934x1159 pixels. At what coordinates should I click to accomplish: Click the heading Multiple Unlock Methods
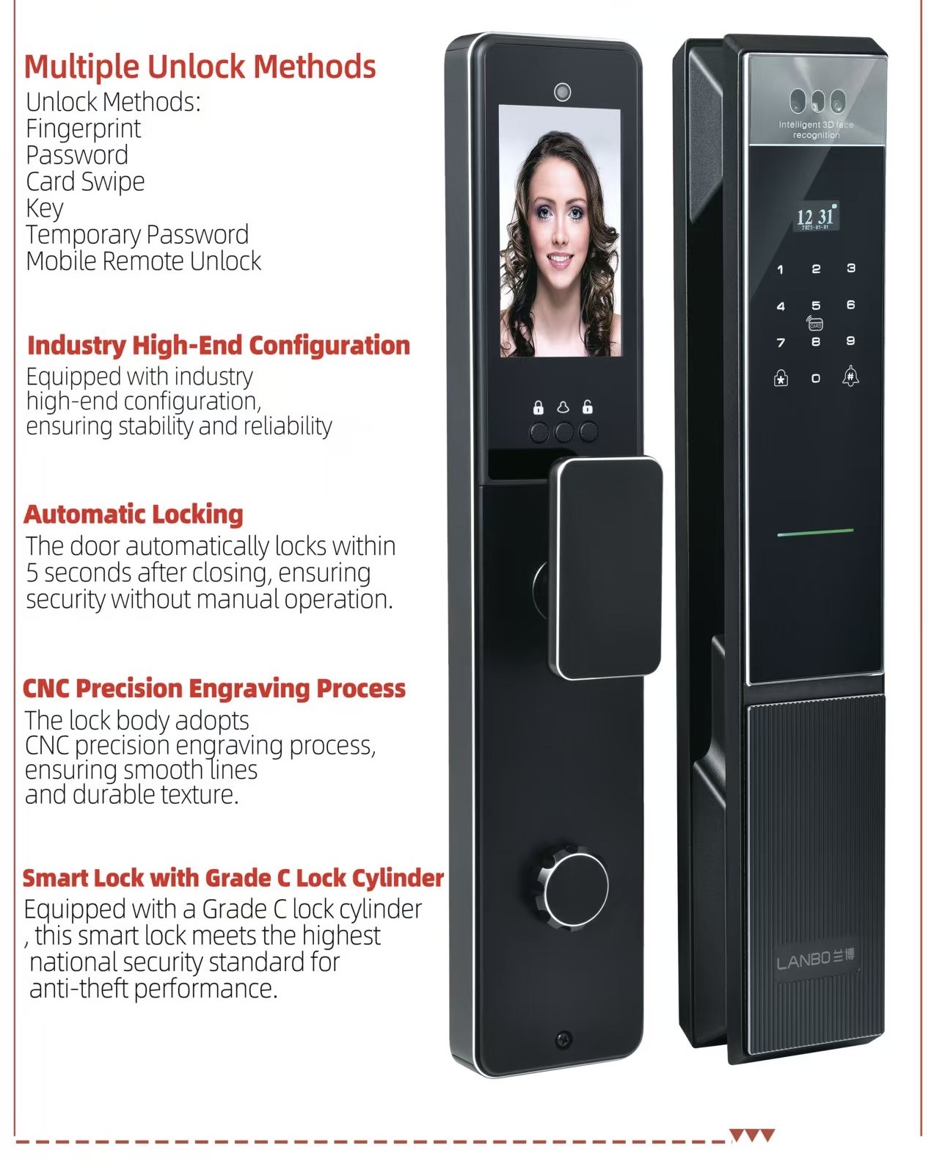point(200,68)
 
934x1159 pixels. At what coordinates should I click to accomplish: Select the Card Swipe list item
point(85,181)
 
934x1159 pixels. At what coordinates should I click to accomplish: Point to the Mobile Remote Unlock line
point(143,261)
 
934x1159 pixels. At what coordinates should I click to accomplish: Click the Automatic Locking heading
point(133,515)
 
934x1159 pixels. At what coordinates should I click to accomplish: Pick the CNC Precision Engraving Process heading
point(214,689)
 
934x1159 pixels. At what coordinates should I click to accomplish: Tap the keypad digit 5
point(816,306)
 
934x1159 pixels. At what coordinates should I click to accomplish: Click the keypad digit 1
point(781,270)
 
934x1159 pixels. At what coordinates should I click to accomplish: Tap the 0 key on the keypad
point(816,379)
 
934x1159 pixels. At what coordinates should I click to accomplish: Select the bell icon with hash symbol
point(850,376)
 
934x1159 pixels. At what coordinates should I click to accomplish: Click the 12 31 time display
point(816,217)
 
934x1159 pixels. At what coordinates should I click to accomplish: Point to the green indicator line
point(816,533)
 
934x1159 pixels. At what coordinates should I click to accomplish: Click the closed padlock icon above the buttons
point(538,407)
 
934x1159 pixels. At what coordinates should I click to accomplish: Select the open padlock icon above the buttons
point(587,407)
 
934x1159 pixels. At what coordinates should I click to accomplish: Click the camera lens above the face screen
point(563,92)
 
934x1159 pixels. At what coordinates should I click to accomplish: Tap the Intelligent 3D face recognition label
point(816,130)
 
